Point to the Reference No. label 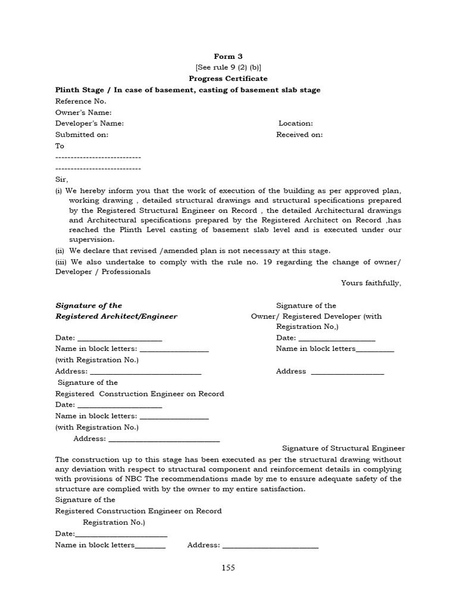pos(81,101)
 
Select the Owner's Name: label pos(83,112)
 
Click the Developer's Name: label pos(89,123)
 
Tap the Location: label pos(296,123)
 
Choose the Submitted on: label pos(82,134)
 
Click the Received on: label pos(299,134)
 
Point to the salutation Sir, pos(62,179)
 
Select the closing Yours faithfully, pos(371,283)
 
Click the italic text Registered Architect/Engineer pos(116,316)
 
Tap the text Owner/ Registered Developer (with pos(317,316)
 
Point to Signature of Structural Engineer pos(343,448)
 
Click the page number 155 pos(228,567)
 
